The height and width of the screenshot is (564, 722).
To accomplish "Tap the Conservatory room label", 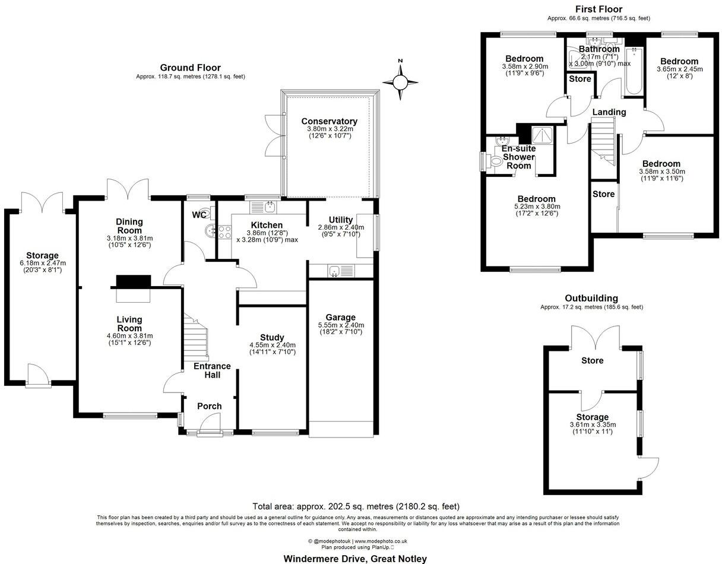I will tap(329, 121).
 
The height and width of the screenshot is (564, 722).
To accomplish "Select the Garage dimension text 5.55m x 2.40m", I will tap(340, 325).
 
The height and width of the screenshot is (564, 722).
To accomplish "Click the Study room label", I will tap(272, 337).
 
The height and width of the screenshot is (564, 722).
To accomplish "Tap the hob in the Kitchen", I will tap(225, 232).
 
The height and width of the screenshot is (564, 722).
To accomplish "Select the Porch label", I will tap(209, 406).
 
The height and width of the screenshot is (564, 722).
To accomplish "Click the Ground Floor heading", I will tap(191, 68).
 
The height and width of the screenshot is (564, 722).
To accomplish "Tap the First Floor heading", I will tap(598, 9).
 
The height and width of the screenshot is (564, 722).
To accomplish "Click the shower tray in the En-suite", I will tap(541, 136).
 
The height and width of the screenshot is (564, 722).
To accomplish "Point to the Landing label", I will tap(609, 112).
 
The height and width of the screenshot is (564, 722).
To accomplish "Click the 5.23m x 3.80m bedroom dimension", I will tap(536, 207).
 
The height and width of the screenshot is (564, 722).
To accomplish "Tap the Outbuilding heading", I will tap(591, 298).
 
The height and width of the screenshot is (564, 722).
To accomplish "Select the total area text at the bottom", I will tap(356, 506).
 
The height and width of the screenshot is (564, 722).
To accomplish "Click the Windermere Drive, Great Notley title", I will tap(354, 558).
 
